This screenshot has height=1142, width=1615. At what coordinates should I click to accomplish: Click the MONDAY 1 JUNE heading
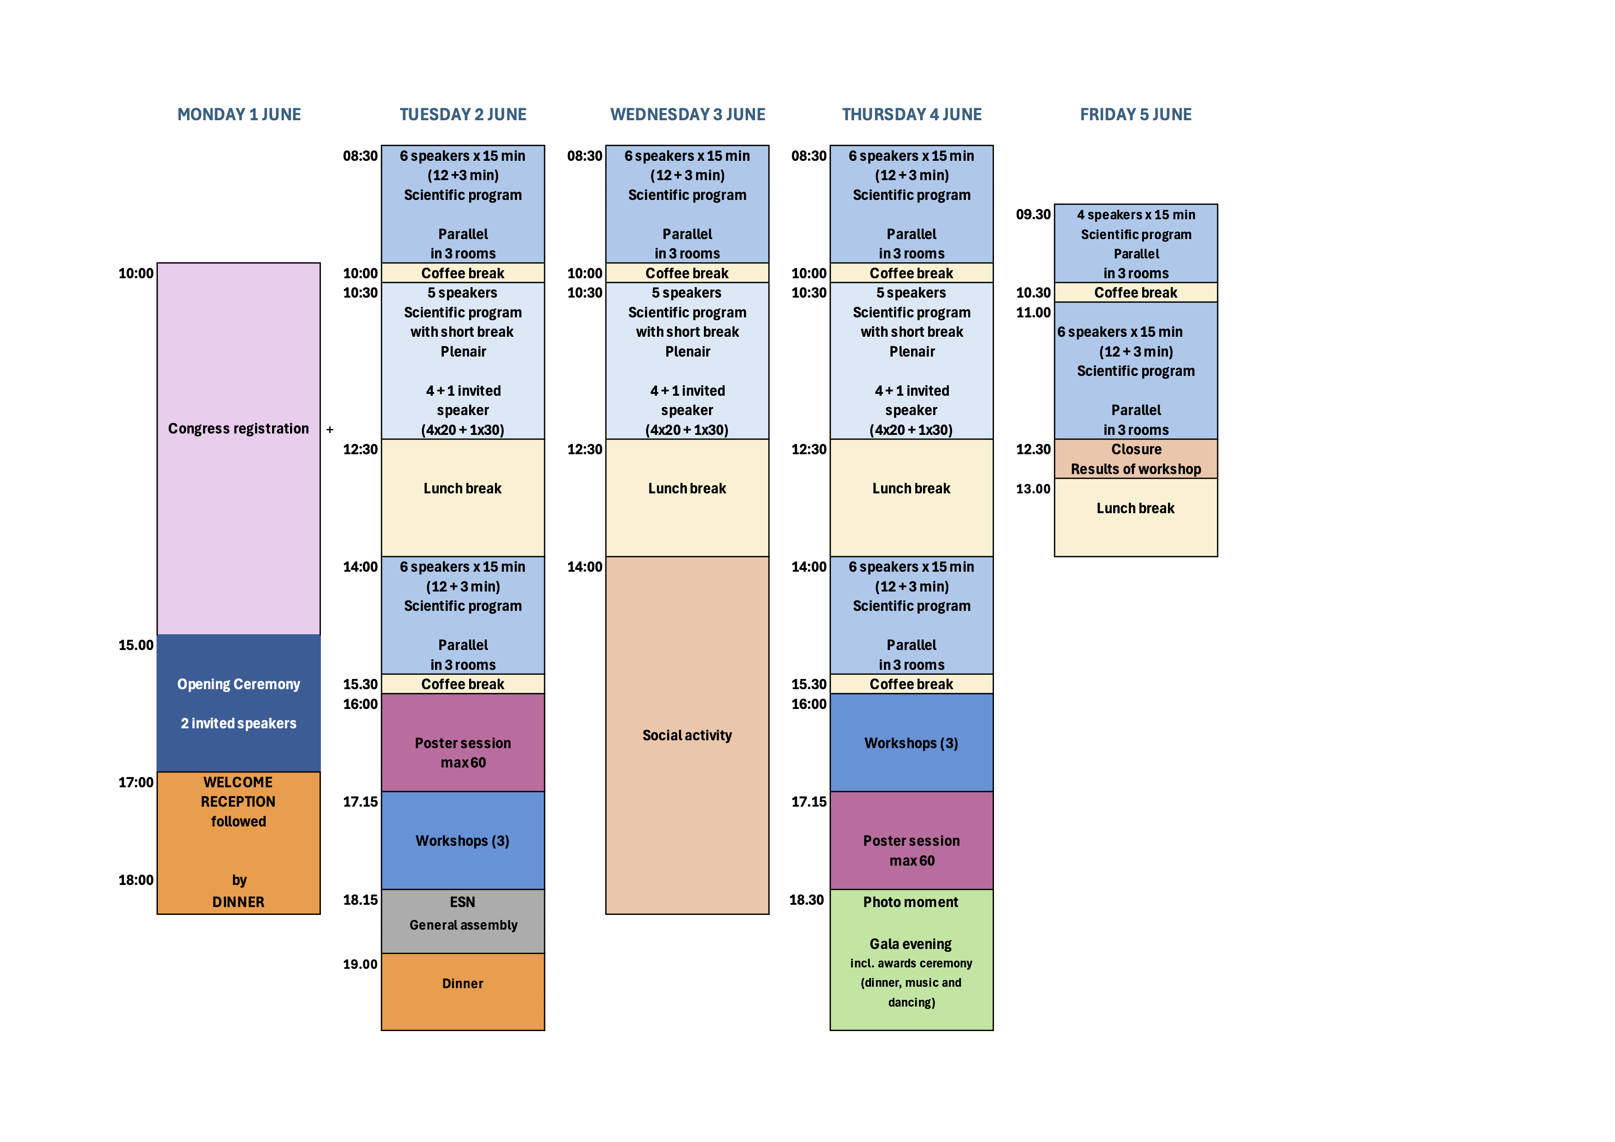point(238,115)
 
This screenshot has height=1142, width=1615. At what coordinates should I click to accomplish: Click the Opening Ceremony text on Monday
point(238,684)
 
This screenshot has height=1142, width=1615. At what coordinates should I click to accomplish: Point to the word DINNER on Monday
point(238,902)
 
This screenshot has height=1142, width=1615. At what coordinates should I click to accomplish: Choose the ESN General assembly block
point(463,914)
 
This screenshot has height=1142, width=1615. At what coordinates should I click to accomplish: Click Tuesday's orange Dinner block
point(463,984)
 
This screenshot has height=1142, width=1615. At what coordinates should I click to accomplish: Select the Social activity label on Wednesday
point(687,735)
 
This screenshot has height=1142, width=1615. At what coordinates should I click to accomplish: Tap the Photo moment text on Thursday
point(911,902)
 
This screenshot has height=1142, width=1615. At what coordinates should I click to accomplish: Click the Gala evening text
point(911,943)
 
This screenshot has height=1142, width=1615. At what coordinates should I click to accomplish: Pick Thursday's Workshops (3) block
point(911,743)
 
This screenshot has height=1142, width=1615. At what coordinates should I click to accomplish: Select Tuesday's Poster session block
point(463,752)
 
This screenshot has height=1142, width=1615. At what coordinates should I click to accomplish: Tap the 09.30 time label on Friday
point(1033,215)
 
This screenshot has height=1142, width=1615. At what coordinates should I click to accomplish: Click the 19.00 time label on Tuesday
point(360,964)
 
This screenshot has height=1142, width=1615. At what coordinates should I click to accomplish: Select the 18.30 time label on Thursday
point(806,900)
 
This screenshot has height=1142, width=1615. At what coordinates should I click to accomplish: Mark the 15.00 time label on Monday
point(136,645)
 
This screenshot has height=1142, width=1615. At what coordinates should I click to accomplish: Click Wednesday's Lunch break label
point(687,488)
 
